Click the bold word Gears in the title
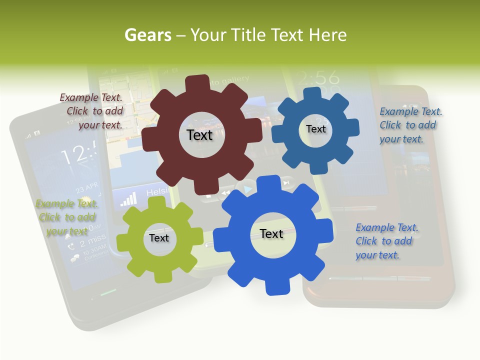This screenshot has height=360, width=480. coord(147,35)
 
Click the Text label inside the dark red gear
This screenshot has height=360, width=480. coord(199,135)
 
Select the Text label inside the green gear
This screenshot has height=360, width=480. coord(159,238)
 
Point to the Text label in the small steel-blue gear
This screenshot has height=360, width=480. coord(315,129)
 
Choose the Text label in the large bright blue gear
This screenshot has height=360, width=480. coord(271,234)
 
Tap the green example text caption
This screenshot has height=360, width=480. coord(67,217)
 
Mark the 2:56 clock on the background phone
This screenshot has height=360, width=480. coord(318,78)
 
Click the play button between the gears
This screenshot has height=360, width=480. coord(247,189)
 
